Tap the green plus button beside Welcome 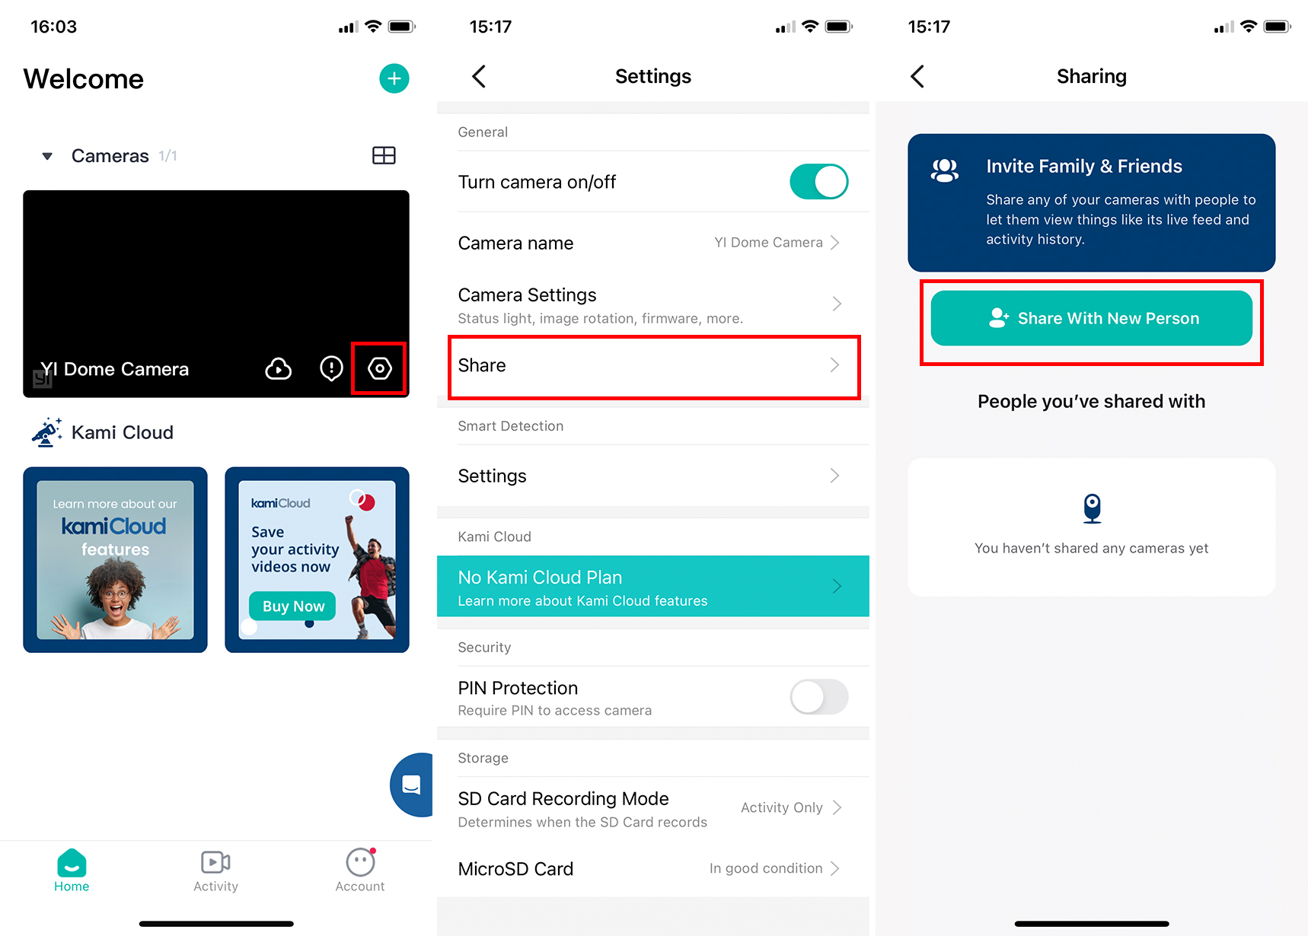394,78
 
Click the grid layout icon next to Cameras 384,155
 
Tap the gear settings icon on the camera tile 380,369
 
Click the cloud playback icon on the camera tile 279,369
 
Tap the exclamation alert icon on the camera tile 331,369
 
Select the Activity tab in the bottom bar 215,871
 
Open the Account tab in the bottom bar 360,871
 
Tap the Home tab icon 72,863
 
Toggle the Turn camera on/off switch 819,182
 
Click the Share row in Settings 653,366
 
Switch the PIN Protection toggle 819,697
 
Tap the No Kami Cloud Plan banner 653,586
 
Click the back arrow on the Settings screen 479,76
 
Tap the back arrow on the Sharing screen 917,76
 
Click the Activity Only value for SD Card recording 782,807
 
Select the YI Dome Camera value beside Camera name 768,243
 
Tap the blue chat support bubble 412,785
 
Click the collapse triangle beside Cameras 47,156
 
